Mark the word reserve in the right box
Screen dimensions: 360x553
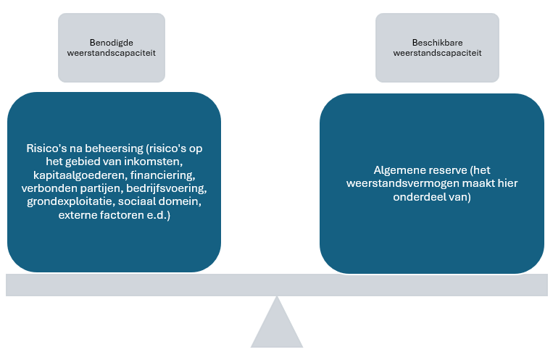click(x=445, y=169)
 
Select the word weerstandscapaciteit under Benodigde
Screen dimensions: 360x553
click(x=112, y=53)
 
